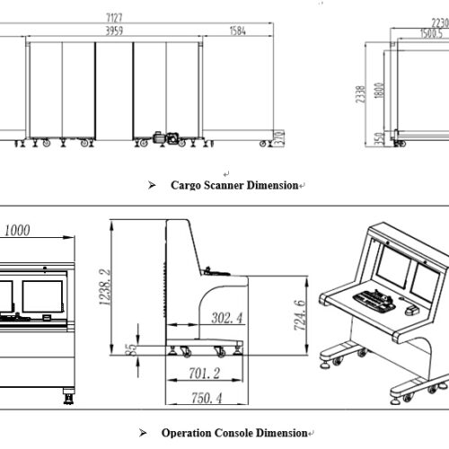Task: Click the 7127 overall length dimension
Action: pos(114,18)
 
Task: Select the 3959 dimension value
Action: pos(114,31)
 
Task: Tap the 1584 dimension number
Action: pos(238,31)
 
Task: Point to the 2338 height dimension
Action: pos(360,94)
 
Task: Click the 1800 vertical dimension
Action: pos(379,91)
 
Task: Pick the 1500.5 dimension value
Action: pos(431,33)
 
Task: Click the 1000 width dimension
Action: pos(17,230)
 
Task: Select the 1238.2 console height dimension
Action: pos(105,287)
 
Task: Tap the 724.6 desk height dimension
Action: pos(300,315)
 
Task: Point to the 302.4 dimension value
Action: pos(227,318)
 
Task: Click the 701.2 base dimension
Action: pos(205,374)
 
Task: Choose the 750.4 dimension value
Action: pos(207,398)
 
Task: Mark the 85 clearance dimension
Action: pos(131,349)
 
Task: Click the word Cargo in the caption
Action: pos(186,185)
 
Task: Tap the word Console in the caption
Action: pos(234,433)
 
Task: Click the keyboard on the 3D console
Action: pos(374,300)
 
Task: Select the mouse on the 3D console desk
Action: pos(412,310)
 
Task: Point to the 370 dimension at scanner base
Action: pos(279,138)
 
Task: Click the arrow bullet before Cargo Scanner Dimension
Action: pos(152,185)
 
